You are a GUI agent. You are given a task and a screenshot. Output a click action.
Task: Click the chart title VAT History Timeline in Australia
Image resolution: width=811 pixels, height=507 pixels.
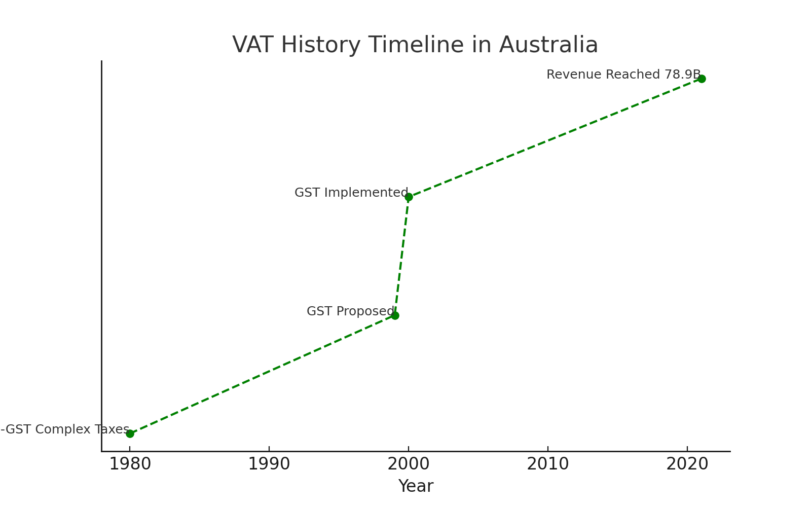point(415,45)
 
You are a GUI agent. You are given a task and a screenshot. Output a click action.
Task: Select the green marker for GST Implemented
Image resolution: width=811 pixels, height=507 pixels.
point(409,197)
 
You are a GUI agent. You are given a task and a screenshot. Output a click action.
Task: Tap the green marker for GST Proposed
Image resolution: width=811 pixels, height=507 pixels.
point(395,315)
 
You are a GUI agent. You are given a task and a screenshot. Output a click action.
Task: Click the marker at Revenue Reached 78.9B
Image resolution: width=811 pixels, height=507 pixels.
point(702,79)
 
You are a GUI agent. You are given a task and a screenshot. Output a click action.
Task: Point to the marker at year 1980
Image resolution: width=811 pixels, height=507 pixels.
point(130,433)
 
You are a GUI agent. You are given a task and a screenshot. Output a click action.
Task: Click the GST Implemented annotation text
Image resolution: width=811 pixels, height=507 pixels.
point(351,193)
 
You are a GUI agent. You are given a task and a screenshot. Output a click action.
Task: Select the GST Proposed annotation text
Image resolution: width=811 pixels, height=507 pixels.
point(350,312)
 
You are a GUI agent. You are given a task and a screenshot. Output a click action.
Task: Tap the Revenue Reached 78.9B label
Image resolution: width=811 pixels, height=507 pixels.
point(623,75)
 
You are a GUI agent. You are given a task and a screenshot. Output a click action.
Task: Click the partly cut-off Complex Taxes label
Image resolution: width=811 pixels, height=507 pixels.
point(65,430)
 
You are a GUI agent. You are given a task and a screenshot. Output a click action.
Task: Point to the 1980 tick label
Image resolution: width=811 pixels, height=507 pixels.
point(130,464)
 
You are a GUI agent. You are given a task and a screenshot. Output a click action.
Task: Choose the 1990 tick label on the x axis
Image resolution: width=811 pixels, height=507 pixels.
point(269,464)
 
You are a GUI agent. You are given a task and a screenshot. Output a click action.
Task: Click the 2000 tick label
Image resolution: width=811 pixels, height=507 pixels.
point(408,464)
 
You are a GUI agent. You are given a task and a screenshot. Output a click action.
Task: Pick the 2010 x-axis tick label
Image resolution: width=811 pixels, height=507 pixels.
point(547,464)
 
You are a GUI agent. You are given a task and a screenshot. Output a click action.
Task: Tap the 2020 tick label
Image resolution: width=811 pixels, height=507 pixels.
point(687,464)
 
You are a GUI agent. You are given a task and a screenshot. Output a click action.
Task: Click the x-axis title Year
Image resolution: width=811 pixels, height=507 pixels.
point(416,487)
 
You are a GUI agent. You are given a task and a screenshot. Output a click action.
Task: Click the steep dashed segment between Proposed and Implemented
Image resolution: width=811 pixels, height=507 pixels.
point(401,256)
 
